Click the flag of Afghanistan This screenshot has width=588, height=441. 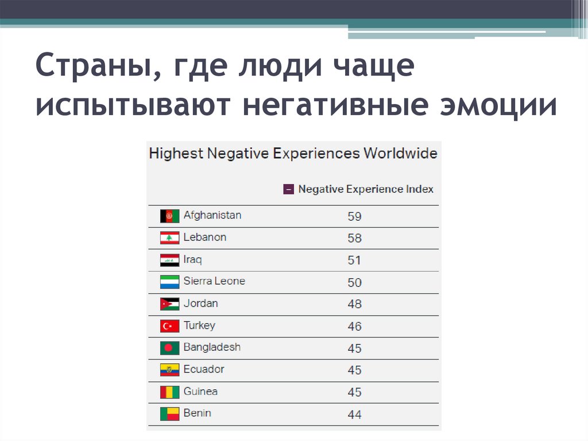point(169,216)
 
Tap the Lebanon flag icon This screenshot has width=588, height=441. point(169,238)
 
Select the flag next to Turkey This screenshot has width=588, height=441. point(169,327)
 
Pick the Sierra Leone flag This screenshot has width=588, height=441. point(169,282)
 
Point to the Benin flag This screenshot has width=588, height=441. point(169,414)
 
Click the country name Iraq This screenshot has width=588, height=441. point(192,259)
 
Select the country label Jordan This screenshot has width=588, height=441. point(200,303)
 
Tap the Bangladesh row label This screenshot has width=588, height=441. point(212,347)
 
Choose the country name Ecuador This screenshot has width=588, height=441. point(204,369)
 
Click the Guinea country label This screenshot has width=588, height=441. point(200,392)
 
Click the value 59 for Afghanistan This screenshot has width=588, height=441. point(354,217)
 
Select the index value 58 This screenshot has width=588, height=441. point(354,238)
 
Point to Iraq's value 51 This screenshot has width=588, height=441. point(354,260)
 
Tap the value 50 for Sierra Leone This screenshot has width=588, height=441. point(354,282)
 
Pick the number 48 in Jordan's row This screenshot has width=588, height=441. point(354,304)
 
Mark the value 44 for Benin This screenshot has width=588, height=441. point(354,414)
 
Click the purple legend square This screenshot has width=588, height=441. point(288,189)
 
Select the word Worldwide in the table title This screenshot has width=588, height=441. point(400,154)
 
